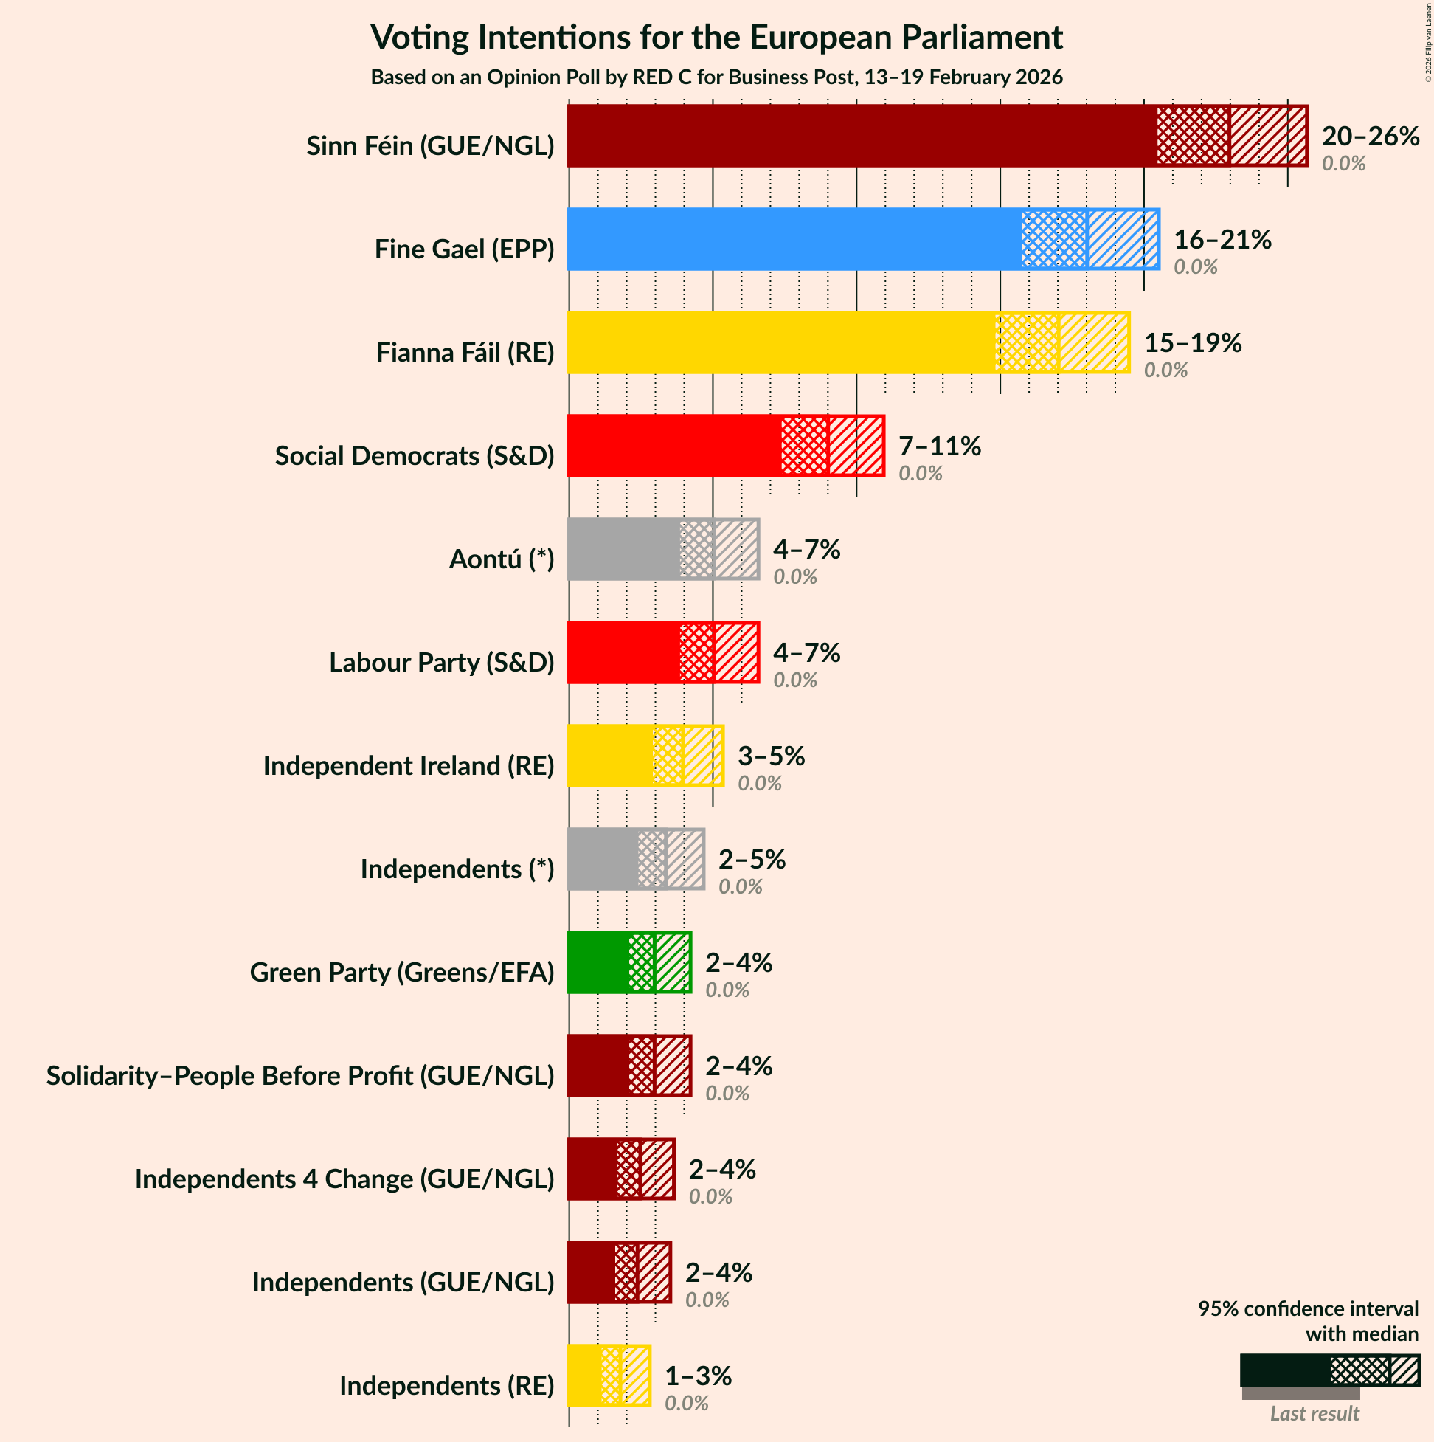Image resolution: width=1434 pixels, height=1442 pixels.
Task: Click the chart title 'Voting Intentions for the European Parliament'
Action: [716, 38]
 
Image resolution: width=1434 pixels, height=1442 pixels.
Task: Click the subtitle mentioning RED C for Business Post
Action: [716, 77]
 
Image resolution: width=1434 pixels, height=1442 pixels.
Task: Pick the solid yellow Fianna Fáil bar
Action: [780, 342]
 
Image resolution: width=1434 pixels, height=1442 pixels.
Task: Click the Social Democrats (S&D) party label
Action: [414, 456]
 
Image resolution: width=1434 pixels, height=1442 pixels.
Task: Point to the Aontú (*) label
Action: [502, 559]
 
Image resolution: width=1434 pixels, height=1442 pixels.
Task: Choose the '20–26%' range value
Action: [1370, 137]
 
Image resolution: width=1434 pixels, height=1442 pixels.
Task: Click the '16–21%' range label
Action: [1222, 240]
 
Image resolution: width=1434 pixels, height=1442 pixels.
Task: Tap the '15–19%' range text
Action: [1192, 342]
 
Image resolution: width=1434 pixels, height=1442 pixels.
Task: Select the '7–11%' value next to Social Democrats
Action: [939, 446]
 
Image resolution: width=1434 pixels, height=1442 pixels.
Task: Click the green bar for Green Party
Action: [597, 963]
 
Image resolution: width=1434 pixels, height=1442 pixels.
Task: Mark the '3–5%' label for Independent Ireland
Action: [771, 756]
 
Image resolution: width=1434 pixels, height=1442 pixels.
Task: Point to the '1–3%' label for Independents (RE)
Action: [698, 1376]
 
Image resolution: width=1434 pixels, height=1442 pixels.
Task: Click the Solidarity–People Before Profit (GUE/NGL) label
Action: [300, 1075]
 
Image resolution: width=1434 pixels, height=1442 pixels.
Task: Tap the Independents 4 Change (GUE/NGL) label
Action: [344, 1179]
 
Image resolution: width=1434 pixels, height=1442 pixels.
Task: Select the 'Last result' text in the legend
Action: [1314, 1414]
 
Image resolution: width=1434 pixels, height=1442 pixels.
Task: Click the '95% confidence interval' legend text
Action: [1307, 1308]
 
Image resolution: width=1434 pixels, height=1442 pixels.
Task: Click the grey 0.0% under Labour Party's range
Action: [794, 680]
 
